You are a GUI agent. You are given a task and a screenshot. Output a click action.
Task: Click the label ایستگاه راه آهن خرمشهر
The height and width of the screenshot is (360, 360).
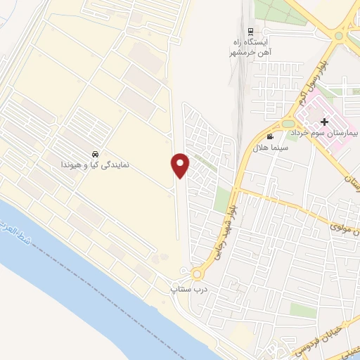250,46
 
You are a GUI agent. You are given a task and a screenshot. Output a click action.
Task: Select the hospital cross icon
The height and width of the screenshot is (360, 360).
324,122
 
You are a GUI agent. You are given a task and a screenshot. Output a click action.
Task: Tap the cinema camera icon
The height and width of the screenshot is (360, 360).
271,136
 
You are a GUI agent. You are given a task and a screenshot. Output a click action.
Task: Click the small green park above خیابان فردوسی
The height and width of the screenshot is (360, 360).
302,310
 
